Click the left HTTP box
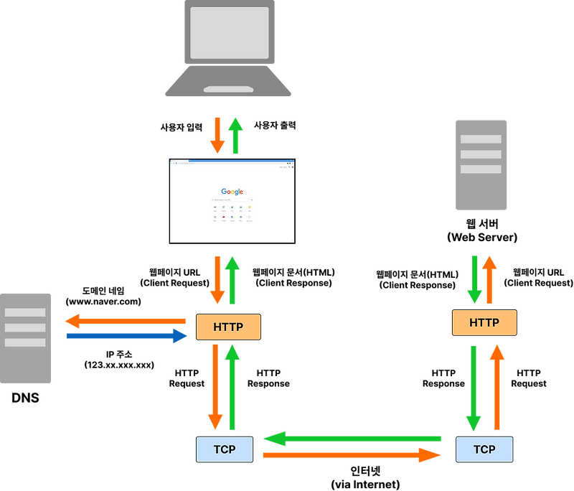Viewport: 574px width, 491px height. (x=228, y=327)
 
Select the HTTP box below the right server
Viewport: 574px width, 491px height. (x=484, y=323)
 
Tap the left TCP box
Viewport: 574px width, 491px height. (x=225, y=449)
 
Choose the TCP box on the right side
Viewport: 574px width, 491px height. (x=484, y=449)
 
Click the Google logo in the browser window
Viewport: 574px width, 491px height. (x=232, y=192)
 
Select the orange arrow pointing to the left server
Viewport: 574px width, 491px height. (x=126, y=320)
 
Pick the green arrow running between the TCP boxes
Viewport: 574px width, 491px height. (x=352, y=438)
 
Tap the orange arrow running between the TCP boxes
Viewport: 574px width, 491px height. (x=352, y=454)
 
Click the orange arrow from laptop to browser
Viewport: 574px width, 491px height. (x=217, y=136)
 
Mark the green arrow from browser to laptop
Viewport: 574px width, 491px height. (x=235, y=136)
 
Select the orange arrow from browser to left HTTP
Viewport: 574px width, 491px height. (x=217, y=279)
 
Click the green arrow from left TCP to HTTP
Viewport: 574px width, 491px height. (x=232, y=387)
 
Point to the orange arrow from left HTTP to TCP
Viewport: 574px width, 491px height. (x=215, y=387)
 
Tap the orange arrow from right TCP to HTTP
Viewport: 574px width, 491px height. (x=495, y=387)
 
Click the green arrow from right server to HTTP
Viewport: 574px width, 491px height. (x=474, y=279)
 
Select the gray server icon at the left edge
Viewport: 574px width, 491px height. (x=27, y=337)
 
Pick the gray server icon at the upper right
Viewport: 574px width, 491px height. (x=481, y=165)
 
